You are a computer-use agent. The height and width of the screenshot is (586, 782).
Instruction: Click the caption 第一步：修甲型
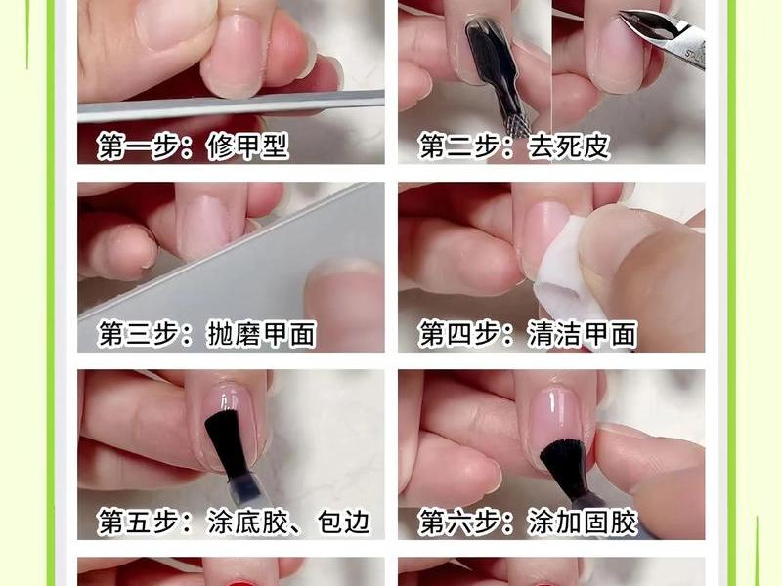[193, 146]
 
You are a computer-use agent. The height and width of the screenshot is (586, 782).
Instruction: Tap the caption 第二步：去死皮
[514, 146]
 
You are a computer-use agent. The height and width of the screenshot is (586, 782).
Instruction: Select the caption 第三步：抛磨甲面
[207, 333]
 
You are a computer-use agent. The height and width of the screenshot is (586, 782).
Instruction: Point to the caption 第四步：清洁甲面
[528, 333]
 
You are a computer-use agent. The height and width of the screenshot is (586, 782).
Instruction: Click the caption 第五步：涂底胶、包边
[234, 522]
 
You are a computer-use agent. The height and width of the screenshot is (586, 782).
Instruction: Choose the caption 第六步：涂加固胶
[528, 522]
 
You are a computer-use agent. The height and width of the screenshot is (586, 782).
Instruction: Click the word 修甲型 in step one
[248, 146]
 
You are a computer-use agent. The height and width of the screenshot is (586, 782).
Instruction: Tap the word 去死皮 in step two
[569, 146]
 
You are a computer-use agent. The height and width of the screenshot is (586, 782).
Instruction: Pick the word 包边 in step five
[344, 522]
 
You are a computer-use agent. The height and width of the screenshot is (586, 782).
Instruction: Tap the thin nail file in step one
[231, 105]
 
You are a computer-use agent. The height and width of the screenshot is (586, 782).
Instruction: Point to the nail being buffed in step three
[203, 227]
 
